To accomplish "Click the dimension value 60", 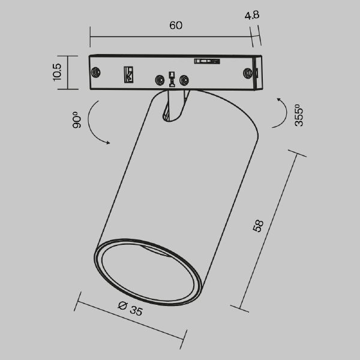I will pyautogui.click(x=175, y=26).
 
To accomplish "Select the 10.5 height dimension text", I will pyautogui.click(x=58, y=71).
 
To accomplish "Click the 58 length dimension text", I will pyautogui.click(x=259, y=226).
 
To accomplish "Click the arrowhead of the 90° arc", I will pyautogui.click(x=107, y=143).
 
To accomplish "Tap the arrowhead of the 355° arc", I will pyautogui.click(x=280, y=98).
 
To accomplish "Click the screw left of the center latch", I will pyautogui.click(x=160, y=80).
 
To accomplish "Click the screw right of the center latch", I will pyautogui.click(x=184, y=80).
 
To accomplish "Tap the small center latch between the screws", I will pyautogui.click(x=172, y=79).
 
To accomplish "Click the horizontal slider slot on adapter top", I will pyautogui.click(x=205, y=60).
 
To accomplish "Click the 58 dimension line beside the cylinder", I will pyautogui.click(x=269, y=231).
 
